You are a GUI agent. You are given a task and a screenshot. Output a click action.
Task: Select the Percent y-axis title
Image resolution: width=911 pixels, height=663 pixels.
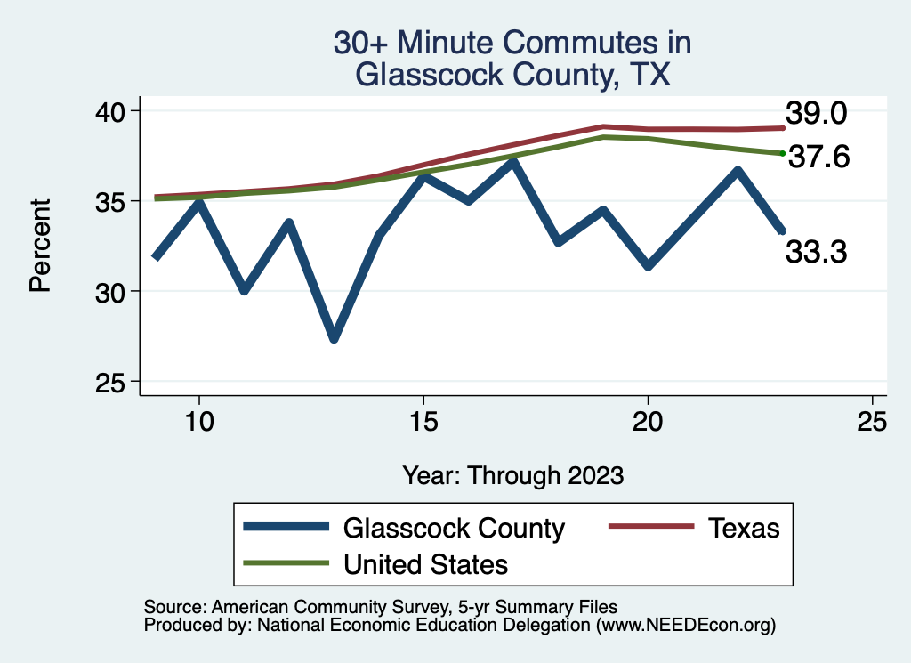(x=39, y=246)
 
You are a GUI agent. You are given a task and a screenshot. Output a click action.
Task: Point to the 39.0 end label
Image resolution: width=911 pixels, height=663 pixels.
(x=815, y=114)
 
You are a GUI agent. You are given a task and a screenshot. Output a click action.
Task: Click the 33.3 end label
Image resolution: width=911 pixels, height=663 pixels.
(x=815, y=253)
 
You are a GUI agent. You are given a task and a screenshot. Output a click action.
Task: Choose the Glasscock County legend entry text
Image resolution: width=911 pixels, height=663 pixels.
(x=454, y=528)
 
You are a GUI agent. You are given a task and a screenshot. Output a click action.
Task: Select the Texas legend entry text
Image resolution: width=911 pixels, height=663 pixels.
(x=744, y=528)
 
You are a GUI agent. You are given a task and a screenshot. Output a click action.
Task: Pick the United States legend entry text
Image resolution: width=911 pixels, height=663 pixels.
(x=425, y=563)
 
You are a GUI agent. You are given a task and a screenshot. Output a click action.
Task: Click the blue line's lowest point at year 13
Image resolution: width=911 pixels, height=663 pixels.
(x=334, y=338)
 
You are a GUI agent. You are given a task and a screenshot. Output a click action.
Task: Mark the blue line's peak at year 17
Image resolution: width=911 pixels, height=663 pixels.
(x=513, y=162)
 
